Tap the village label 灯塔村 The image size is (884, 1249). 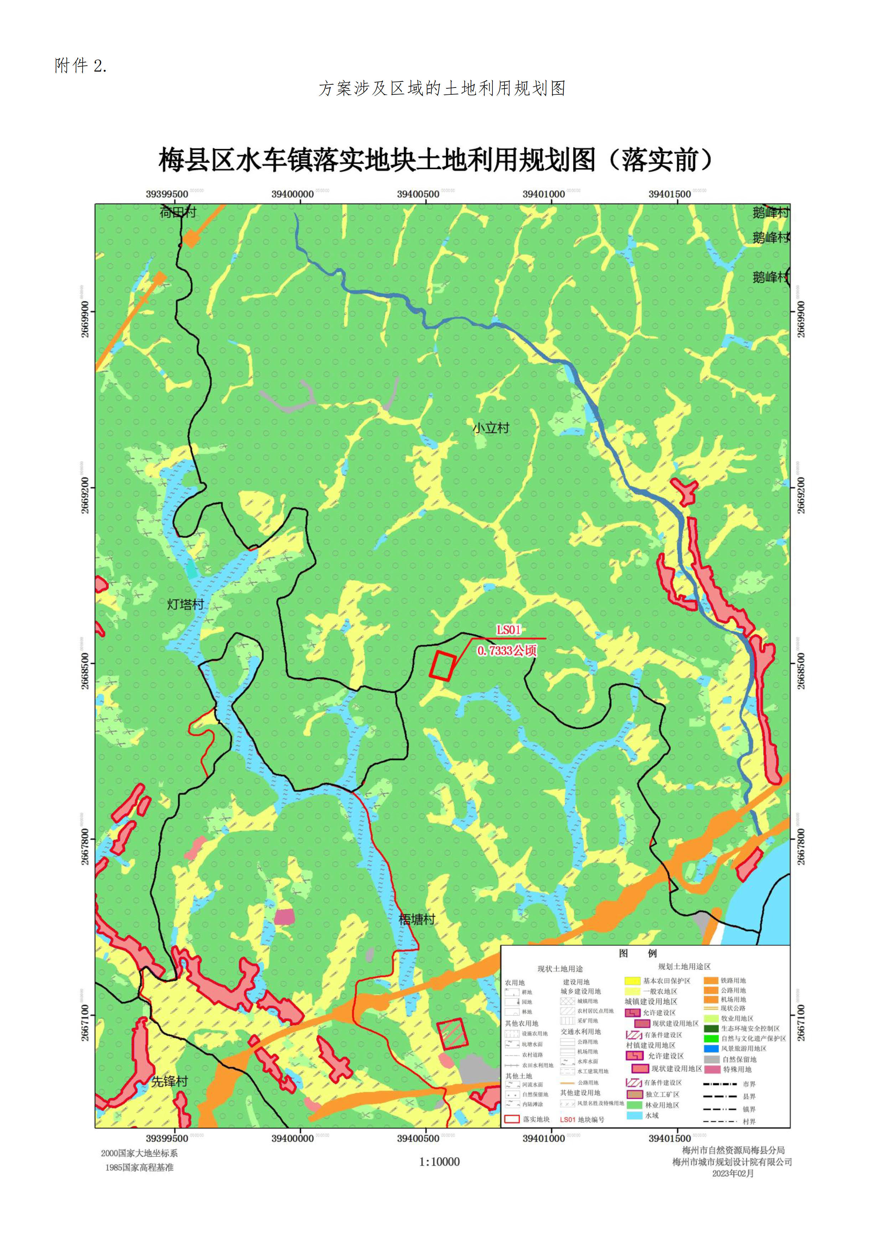185,604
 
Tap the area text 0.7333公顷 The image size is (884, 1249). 507,650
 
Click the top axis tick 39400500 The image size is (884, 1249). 418,194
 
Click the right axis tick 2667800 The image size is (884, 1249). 801,846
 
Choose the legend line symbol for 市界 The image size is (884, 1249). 720,1084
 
